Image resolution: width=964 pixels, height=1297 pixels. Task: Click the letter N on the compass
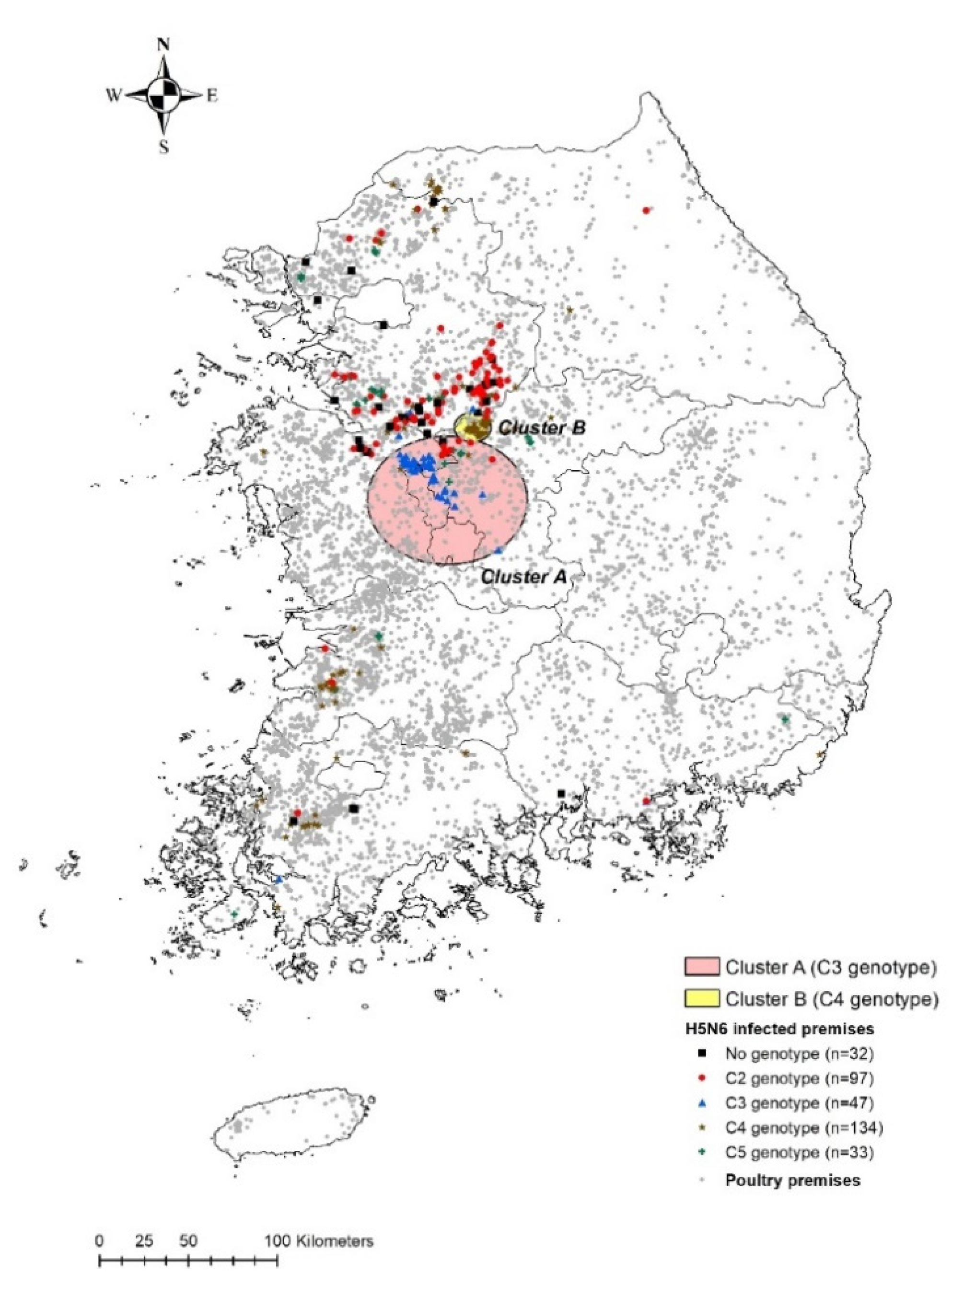(x=164, y=45)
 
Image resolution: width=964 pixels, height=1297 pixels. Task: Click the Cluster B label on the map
(x=542, y=428)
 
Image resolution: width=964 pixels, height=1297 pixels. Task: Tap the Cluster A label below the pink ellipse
(x=523, y=577)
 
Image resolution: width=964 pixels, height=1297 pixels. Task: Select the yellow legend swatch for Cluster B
(x=701, y=998)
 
